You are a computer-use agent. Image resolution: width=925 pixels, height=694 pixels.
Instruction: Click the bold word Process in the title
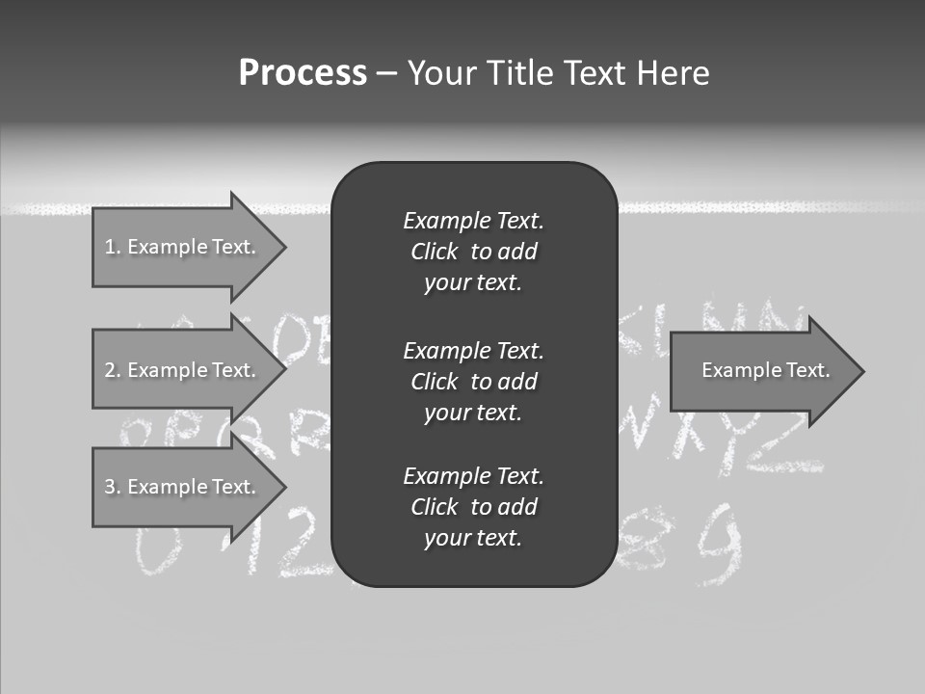(x=303, y=73)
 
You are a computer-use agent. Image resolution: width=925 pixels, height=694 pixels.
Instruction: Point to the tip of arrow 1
(x=284, y=247)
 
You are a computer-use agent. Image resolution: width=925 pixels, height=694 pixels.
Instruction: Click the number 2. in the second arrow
(x=112, y=370)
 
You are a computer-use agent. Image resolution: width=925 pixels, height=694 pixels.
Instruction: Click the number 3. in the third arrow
(x=112, y=487)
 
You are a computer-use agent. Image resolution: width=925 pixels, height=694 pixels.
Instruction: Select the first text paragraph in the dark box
(x=473, y=252)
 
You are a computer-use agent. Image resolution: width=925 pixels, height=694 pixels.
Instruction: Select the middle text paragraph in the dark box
(x=473, y=382)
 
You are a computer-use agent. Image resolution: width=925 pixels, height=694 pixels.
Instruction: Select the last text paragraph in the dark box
(x=473, y=507)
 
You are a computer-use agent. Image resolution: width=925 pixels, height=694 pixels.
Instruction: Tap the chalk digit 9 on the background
(x=722, y=546)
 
